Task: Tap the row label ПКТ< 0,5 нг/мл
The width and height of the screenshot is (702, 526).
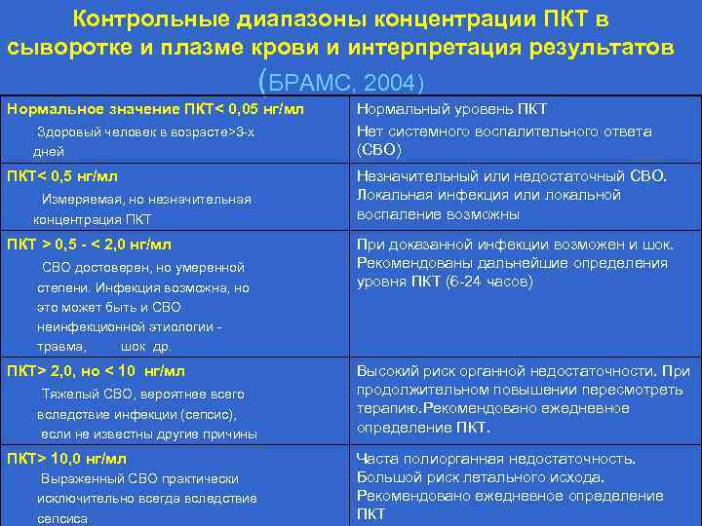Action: pyautogui.click(x=62, y=176)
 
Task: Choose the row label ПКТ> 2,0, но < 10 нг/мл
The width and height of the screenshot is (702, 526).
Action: pyautogui.click(x=96, y=371)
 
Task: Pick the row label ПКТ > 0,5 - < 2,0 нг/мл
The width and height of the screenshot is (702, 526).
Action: pyautogui.click(x=89, y=244)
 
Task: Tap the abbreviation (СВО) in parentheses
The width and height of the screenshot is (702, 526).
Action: pyautogui.click(x=378, y=150)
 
